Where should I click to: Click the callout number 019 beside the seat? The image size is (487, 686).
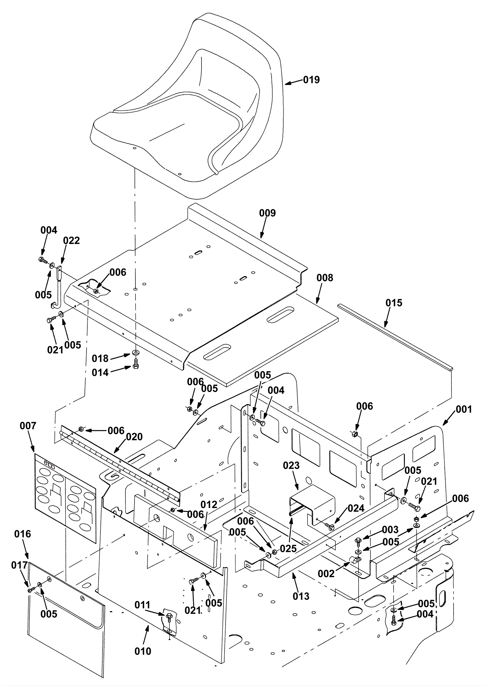click(311, 80)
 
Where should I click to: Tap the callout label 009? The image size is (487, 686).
click(267, 213)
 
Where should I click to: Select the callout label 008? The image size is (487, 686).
click(325, 278)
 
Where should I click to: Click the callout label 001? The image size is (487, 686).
click(464, 409)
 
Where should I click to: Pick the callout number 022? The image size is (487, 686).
click(72, 240)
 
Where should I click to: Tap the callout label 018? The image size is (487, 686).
click(100, 359)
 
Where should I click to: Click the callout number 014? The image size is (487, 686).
click(100, 372)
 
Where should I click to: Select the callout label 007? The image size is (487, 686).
click(28, 426)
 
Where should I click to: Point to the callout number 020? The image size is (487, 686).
click(134, 437)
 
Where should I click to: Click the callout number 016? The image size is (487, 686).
click(23, 534)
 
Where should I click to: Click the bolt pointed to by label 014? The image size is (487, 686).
click(136, 364)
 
